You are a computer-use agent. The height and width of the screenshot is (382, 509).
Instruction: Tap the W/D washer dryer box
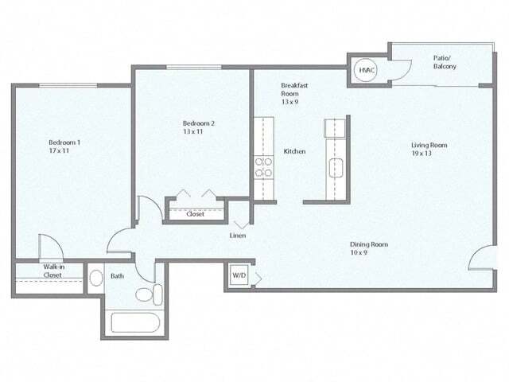point(239,275)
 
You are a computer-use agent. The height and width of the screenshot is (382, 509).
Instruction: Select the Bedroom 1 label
point(64,142)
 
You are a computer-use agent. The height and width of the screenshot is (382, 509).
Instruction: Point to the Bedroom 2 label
point(199,123)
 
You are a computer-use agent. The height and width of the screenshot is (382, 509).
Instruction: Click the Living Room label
point(429,145)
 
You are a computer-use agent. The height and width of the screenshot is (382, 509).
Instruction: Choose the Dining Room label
point(369,244)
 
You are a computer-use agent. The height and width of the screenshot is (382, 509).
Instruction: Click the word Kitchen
point(294,151)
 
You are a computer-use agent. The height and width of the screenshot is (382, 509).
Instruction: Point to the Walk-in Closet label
point(53,271)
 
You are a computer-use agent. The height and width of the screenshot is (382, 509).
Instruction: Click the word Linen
point(238,236)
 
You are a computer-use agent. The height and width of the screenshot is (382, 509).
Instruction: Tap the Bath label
point(117,276)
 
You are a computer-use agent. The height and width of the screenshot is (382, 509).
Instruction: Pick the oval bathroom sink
point(95,279)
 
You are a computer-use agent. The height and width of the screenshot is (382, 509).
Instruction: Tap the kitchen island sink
point(336,166)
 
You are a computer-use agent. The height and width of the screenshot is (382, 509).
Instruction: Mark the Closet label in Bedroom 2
point(195,214)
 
